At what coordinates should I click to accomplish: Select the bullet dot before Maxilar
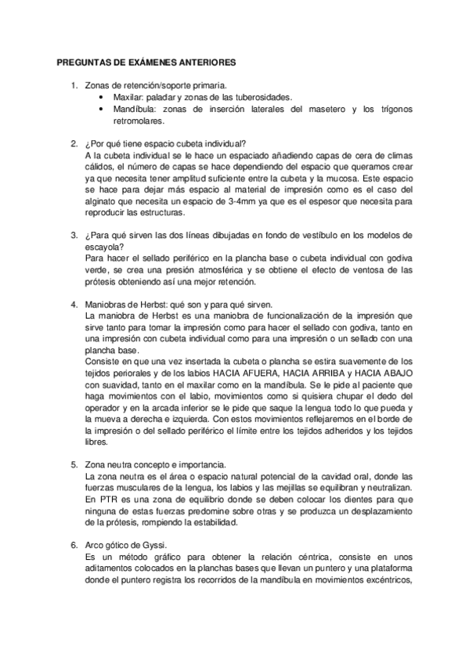tap(104, 98)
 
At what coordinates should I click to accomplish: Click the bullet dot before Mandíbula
tap(104, 110)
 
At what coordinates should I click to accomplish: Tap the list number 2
tap(73, 143)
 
